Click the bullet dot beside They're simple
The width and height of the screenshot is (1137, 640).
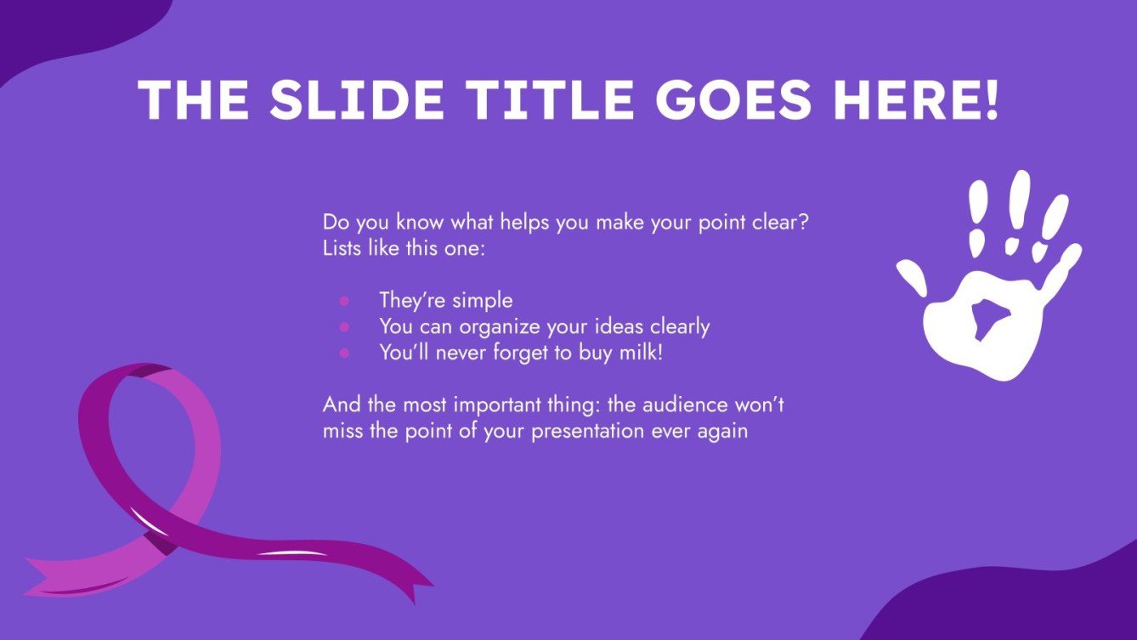tap(344, 300)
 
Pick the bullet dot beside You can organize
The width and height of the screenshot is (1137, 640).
tap(344, 326)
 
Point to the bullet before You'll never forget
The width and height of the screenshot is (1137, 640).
tap(344, 353)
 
